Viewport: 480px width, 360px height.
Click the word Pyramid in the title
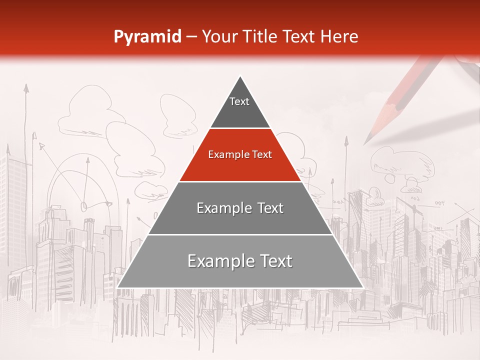click(147, 37)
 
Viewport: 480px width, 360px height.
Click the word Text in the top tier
click(239, 101)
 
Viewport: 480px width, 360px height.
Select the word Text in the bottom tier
click(274, 261)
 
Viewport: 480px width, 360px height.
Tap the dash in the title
click(191, 37)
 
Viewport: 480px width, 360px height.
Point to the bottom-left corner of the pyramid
click(117, 287)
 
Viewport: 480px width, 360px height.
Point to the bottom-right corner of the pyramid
click(363, 287)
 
